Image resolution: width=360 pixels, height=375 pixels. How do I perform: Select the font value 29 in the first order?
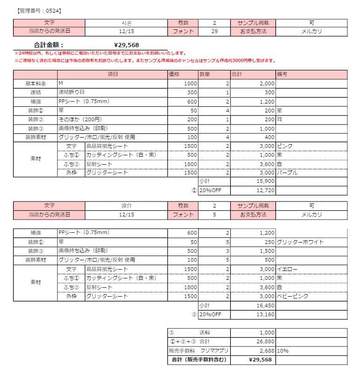(214, 31)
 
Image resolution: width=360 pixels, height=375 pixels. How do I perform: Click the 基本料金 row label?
(36, 83)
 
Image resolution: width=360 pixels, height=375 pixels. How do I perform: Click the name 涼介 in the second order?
(127, 206)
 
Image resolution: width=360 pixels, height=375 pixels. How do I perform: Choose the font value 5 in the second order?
(214, 215)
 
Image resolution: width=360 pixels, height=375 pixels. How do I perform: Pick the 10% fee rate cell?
(282, 351)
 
